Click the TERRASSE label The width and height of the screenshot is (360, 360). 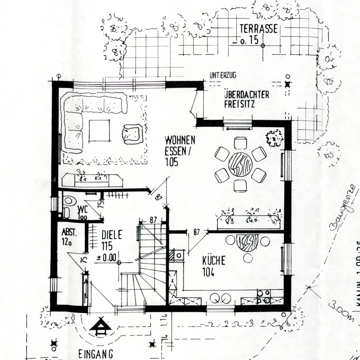click(x=259, y=29)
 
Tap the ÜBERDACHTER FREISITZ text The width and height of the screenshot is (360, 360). click(x=247, y=100)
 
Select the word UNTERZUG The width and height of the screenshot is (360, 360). click(x=222, y=76)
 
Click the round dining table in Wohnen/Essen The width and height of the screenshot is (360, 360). click(x=240, y=164)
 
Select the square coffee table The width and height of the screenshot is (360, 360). click(x=99, y=130)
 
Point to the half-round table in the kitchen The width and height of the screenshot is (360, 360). click(x=248, y=242)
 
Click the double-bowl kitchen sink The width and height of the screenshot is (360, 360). click(x=221, y=298)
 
